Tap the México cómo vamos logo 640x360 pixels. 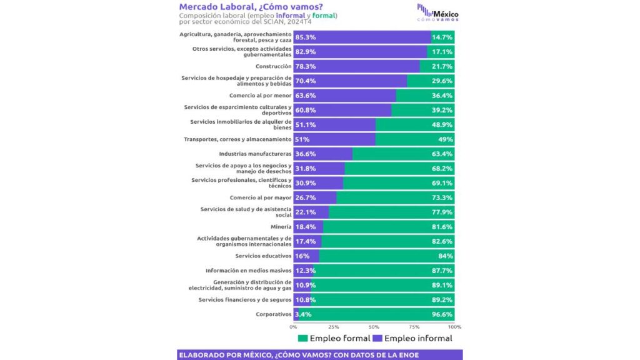pos(437,12)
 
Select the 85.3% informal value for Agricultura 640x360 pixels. pos(306,37)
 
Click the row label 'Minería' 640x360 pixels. pos(281,227)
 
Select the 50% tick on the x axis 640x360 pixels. pos(374,327)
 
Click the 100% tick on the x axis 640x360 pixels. pos(454,327)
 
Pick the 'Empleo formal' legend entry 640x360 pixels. pos(334,339)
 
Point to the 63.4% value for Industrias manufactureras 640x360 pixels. pos(442,153)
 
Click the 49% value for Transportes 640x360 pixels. pos(445,139)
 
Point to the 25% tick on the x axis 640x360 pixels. pos(334,327)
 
